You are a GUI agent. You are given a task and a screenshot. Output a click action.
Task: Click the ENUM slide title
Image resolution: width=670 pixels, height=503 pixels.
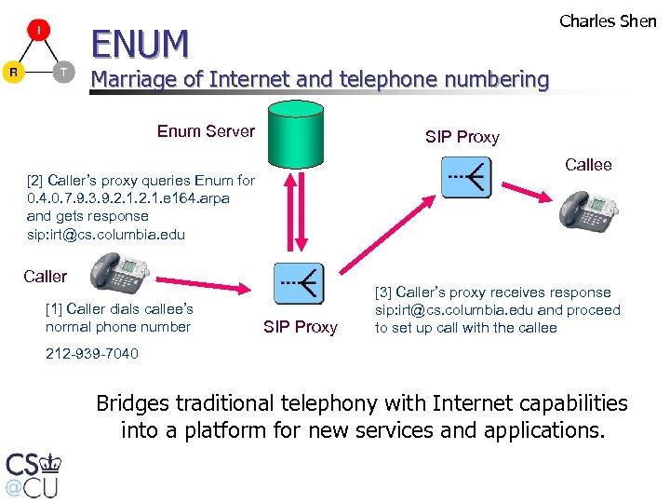pyautogui.click(x=139, y=42)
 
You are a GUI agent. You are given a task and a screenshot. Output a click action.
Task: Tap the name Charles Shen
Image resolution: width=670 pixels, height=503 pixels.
pyautogui.click(x=608, y=20)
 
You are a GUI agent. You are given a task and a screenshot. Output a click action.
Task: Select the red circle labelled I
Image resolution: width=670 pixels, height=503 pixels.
pyautogui.click(x=38, y=32)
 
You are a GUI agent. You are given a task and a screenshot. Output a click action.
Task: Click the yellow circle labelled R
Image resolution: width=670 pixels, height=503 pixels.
pyautogui.click(x=13, y=72)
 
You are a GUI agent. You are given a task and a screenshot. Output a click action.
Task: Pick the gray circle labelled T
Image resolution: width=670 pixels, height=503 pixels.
pyautogui.click(x=63, y=72)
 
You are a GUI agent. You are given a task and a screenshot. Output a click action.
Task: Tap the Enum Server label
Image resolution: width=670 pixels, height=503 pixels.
pyautogui.click(x=206, y=131)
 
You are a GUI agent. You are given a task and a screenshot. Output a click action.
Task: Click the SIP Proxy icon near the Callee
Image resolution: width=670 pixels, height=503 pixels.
pyautogui.click(x=466, y=177)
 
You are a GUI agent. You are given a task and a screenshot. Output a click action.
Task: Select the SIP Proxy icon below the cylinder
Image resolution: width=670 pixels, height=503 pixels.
pyautogui.click(x=299, y=283)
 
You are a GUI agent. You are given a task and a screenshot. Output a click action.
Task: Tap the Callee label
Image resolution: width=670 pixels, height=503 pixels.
pyautogui.click(x=588, y=165)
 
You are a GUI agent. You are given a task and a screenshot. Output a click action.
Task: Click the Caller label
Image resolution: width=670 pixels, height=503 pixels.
pyautogui.click(x=46, y=277)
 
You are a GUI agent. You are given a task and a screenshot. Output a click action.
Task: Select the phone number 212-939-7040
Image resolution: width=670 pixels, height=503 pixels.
pyautogui.click(x=92, y=354)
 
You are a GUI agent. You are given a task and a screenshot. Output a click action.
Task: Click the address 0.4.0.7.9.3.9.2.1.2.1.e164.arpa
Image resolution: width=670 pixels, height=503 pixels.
pyautogui.click(x=128, y=198)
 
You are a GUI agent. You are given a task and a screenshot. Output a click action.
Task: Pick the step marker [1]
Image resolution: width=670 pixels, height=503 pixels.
pyautogui.click(x=54, y=309)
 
